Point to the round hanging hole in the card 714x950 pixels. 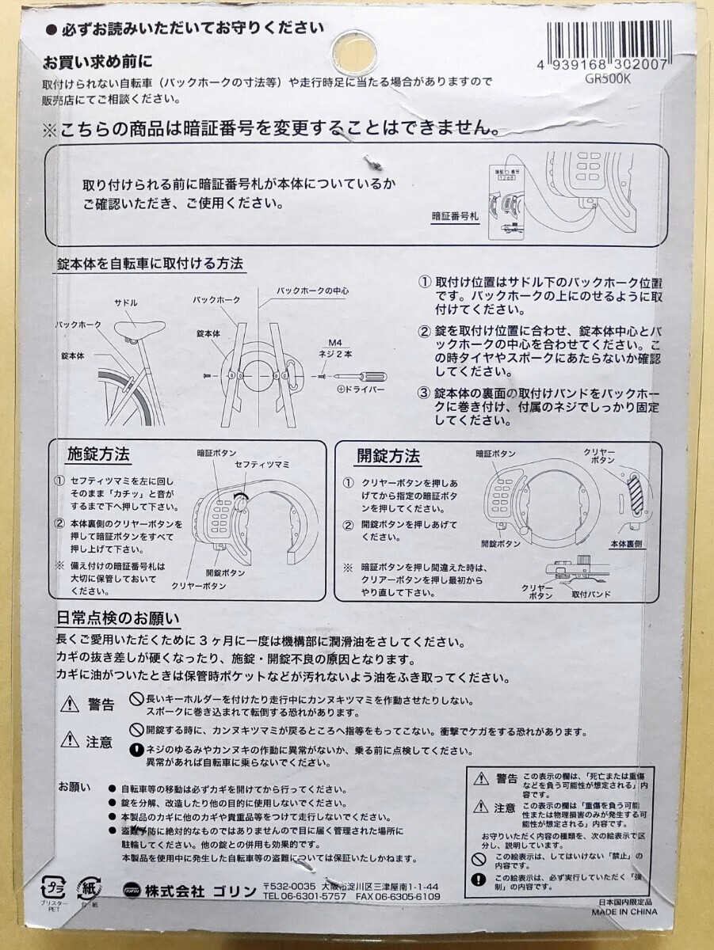(x=356, y=41)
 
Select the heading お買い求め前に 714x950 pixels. (x=97, y=61)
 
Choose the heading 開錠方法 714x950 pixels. (x=388, y=457)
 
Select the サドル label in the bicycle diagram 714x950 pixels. (x=126, y=302)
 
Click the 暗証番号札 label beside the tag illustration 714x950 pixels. (x=456, y=215)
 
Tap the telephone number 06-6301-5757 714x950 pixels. (x=304, y=896)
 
